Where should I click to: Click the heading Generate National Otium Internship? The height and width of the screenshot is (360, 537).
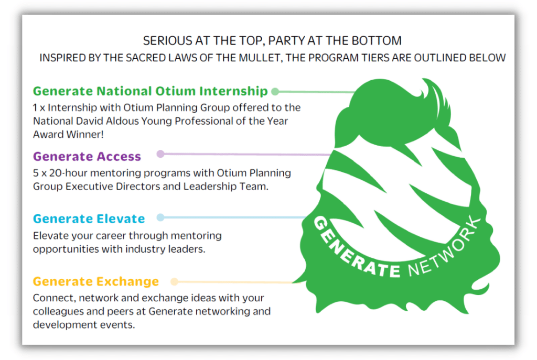(x=150, y=91)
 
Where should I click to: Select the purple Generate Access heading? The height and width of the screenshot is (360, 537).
(x=87, y=156)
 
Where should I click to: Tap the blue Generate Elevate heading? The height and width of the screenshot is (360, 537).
(x=89, y=219)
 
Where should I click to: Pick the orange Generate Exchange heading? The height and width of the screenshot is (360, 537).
(x=96, y=281)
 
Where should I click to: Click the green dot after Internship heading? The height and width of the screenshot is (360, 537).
(x=275, y=91)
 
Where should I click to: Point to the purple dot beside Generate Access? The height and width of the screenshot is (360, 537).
(x=160, y=154)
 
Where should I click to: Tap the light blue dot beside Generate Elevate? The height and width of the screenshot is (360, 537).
(x=160, y=217)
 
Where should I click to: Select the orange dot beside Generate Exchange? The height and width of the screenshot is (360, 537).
(x=174, y=281)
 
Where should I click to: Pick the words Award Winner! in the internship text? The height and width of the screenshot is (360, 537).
(x=68, y=135)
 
